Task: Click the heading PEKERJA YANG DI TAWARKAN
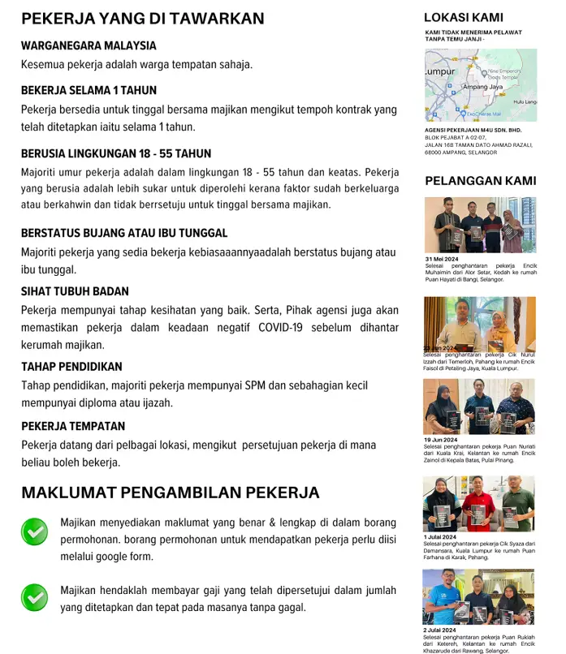(x=142, y=19)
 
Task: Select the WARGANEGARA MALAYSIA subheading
(x=89, y=45)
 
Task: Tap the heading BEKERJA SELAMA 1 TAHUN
(x=89, y=90)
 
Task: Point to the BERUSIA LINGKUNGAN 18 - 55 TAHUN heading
(x=116, y=153)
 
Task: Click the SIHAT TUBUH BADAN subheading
(x=75, y=291)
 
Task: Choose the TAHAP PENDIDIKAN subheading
(x=71, y=367)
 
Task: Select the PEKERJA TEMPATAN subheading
(x=73, y=426)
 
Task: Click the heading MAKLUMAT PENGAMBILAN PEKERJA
(x=170, y=493)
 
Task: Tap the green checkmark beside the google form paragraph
(x=34, y=532)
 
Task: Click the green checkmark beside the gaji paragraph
(x=34, y=597)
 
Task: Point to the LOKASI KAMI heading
(x=464, y=17)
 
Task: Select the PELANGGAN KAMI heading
(x=481, y=180)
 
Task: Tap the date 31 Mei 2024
(x=442, y=259)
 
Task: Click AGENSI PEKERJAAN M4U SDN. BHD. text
(x=473, y=130)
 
